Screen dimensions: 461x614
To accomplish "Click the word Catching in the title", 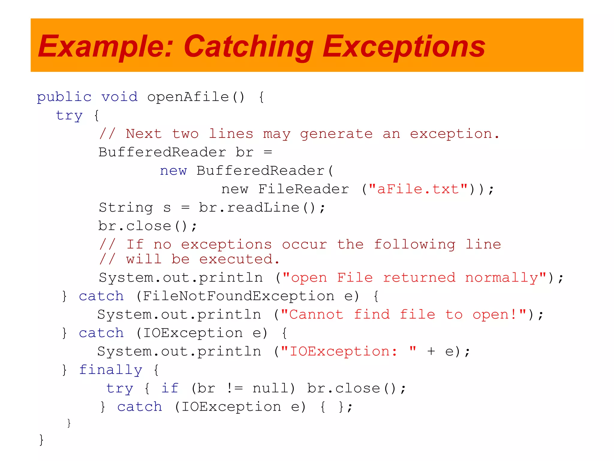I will coord(248,47).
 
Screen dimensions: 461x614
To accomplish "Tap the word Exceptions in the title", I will coord(404,47).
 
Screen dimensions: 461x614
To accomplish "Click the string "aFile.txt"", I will coord(418,189).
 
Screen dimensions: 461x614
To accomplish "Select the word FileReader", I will coord(303,189).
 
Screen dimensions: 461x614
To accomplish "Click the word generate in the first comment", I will coord(336,134).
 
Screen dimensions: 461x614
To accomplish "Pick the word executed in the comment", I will coord(240,259).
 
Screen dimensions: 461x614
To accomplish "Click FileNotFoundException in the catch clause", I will coord(238,296).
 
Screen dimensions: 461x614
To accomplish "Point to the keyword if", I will coord(170,389).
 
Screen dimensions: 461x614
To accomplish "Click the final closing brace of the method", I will coord(41,440).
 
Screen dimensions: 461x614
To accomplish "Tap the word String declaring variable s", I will coord(126,208).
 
